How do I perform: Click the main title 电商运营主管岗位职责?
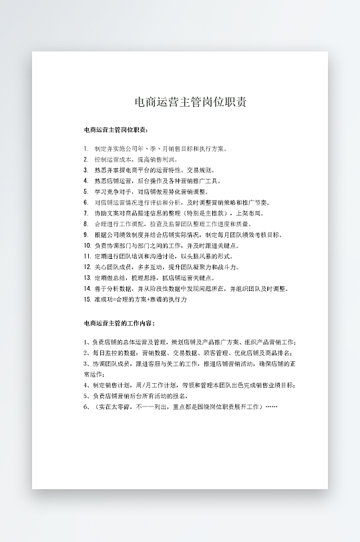pos(190,102)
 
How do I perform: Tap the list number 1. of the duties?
pos(86,148)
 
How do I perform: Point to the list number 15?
pos(87,300)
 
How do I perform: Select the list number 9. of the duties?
pos(86,235)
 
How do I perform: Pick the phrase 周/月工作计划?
pos(152,385)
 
